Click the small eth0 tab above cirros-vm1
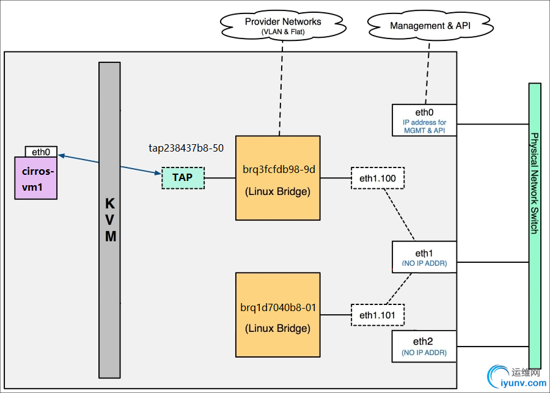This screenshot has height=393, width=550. click(x=42, y=151)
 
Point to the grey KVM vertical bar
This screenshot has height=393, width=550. click(x=110, y=220)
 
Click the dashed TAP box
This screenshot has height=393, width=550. click(x=183, y=178)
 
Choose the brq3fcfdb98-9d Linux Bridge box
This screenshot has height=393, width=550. click(x=278, y=178)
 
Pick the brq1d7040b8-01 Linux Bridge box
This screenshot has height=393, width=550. click(x=278, y=315)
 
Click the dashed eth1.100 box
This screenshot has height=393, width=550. click(x=378, y=178)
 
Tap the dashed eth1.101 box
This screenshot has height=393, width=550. click(x=378, y=315)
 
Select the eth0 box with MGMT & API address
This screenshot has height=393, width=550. click(x=424, y=119)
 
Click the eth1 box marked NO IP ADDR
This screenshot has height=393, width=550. click(x=424, y=256)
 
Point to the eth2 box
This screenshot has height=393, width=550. click(x=424, y=346)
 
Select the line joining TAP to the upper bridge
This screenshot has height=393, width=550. click(x=220, y=178)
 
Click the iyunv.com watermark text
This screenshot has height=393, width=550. click(x=522, y=383)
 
